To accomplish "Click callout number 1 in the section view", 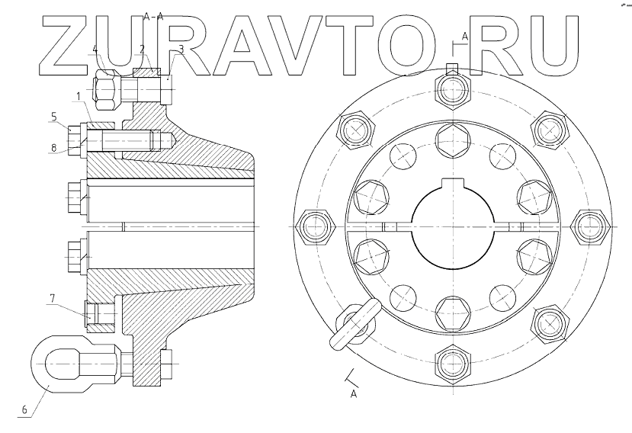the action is click(78, 95).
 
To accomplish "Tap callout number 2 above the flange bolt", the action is click(143, 49).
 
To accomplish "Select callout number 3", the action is click(181, 49).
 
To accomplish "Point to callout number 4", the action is click(95, 50).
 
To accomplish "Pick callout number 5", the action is click(54, 117).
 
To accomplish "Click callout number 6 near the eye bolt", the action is click(24, 409).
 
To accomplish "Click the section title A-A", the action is click(153, 15).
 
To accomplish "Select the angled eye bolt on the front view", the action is click(356, 324).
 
